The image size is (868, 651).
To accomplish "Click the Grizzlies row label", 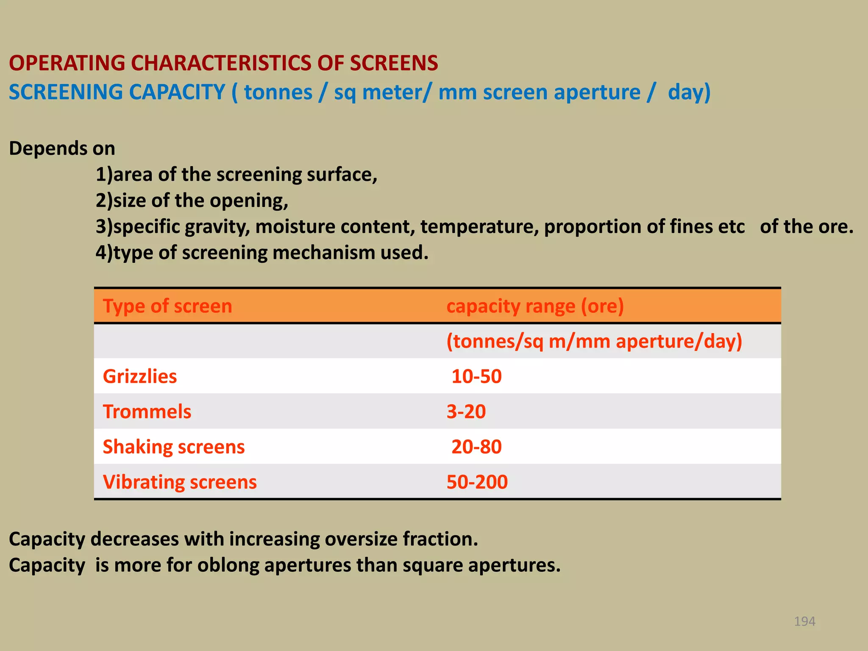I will pyautogui.click(x=140, y=376).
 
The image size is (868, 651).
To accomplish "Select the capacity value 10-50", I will pyautogui.click(x=476, y=376).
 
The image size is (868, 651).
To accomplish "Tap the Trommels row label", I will pyautogui.click(x=147, y=412).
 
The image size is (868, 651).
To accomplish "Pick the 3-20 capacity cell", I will pyautogui.click(x=466, y=412).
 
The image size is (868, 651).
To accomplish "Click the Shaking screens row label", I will pyautogui.click(x=174, y=447).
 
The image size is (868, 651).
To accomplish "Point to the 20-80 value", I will pyautogui.click(x=476, y=447).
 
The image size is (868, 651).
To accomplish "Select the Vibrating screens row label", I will pyautogui.click(x=180, y=482).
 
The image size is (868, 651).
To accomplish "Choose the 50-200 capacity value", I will pyautogui.click(x=477, y=482).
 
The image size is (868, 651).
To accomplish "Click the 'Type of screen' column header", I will pyautogui.click(x=167, y=306).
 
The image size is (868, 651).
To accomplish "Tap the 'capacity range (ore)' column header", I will pyautogui.click(x=535, y=306).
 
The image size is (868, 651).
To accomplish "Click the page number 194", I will pyautogui.click(x=804, y=621).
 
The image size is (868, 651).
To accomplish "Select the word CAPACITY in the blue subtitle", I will pyautogui.click(x=177, y=92).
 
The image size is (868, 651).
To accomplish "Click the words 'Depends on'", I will pyautogui.click(x=62, y=148).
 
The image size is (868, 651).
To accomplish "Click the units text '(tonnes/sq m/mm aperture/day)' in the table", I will pyautogui.click(x=594, y=341).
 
